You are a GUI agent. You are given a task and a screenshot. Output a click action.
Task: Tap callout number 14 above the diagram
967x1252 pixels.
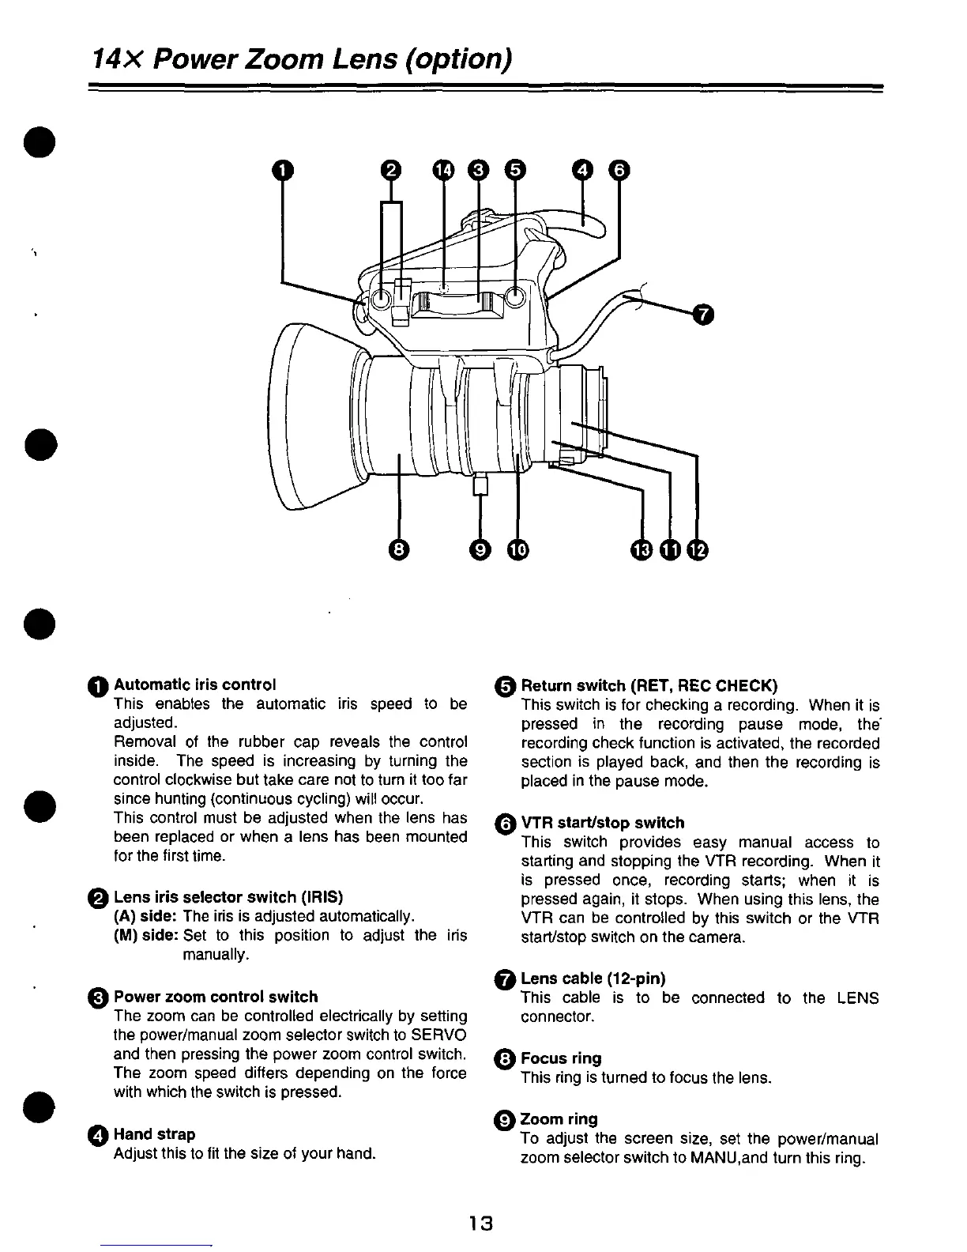[x=443, y=169]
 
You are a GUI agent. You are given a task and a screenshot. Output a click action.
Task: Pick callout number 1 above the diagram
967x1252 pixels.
[x=282, y=169]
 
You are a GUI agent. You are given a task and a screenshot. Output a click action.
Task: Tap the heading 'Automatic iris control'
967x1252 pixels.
[x=195, y=684]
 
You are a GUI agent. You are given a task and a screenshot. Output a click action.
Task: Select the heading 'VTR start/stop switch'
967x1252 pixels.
[x=602, y=823]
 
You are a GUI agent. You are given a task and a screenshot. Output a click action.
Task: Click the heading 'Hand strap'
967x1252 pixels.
[x=155, y=1134]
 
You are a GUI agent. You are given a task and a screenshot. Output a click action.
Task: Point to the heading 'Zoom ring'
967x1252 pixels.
[x=559, y=1118]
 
